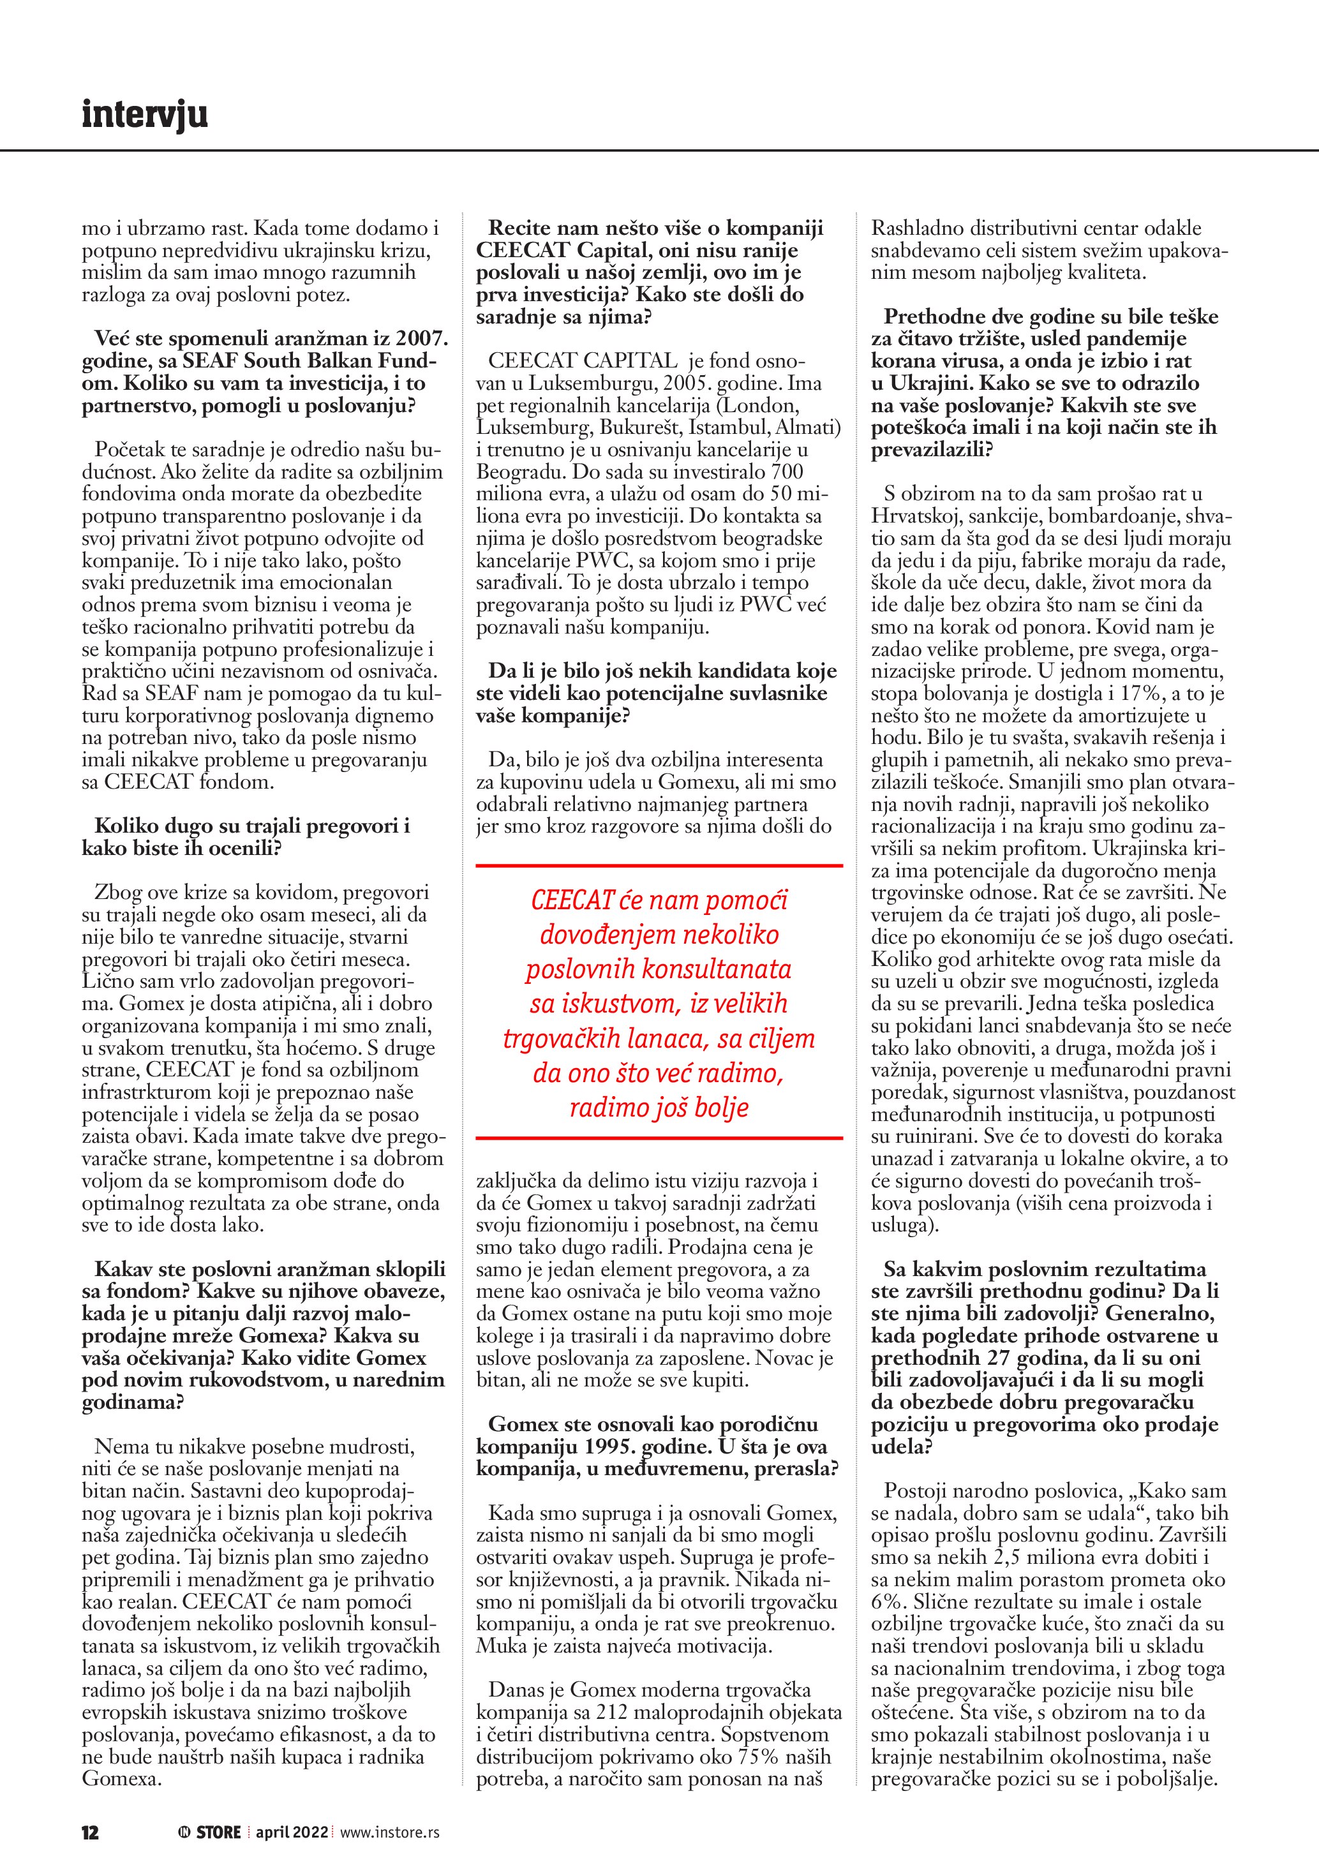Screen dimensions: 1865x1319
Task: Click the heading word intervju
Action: tap(145, 115)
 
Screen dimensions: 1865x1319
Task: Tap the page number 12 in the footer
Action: tap(90, 1809)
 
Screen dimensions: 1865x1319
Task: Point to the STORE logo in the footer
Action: tap(211, 1809)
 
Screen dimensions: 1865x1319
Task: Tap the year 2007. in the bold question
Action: tap(420, 339)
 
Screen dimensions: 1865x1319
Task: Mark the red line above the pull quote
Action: tap(659, 866)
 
